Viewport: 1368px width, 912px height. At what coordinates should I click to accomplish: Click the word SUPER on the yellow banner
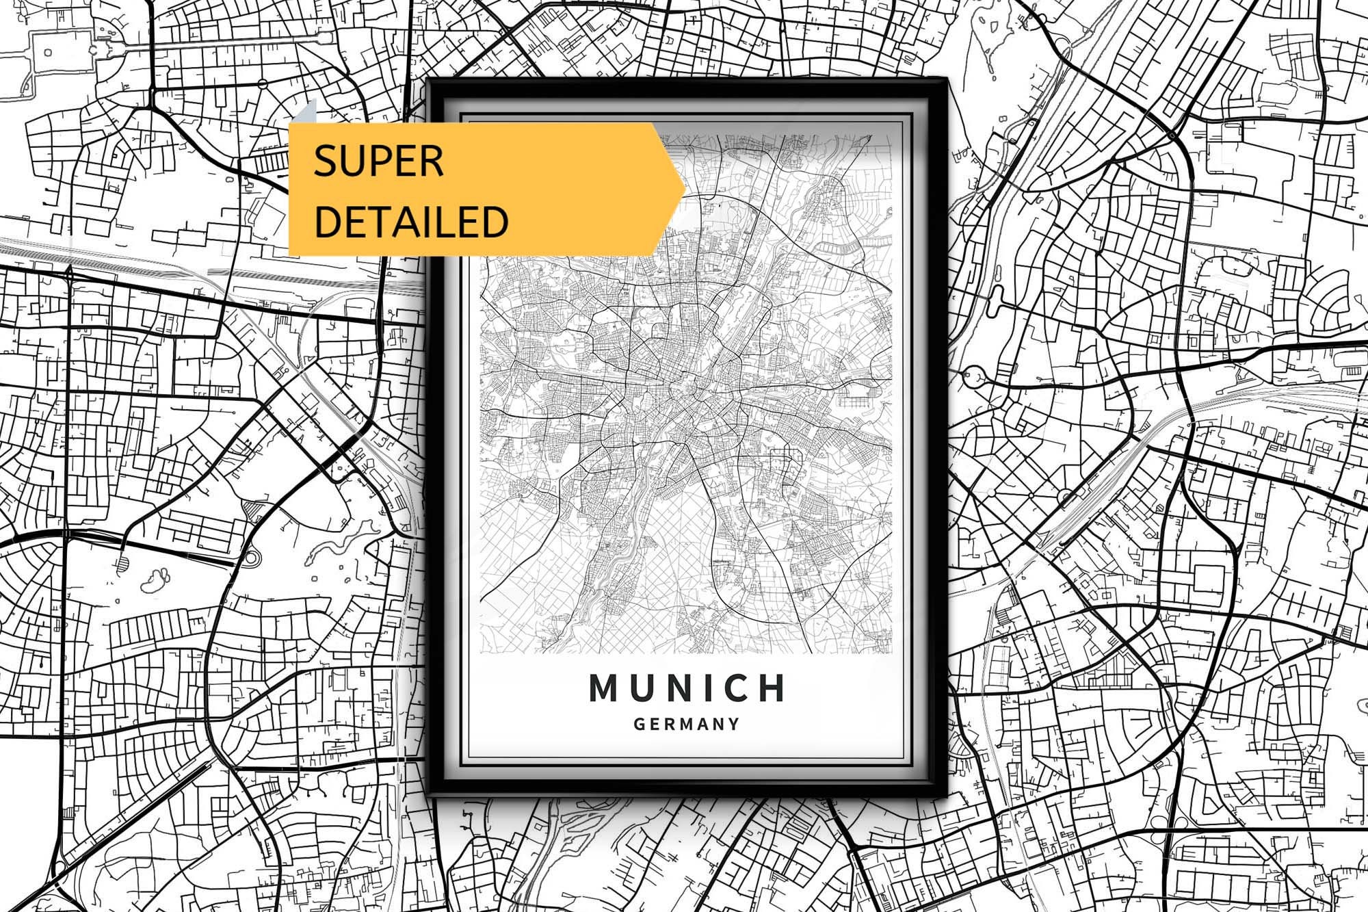(x=378, y=161)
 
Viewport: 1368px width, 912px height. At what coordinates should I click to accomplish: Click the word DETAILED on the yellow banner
(x=411, y=221)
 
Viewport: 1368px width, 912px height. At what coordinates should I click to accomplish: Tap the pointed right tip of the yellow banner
(x=683, y=188)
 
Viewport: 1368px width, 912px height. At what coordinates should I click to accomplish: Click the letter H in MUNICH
(x=772, y=688)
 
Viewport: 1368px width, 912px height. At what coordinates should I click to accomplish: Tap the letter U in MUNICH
(x=641, y=688)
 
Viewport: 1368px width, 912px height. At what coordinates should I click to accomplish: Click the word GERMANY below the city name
(x=687, y=724)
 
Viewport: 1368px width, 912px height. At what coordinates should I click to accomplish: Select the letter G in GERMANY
(x=640, y=724)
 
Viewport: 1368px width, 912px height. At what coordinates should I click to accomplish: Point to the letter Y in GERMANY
(x=734, y=724)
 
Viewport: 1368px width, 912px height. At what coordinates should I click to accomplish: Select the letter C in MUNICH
(x=739, y=688)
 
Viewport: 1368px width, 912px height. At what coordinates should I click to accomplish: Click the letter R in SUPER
(x=432, y=161)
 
